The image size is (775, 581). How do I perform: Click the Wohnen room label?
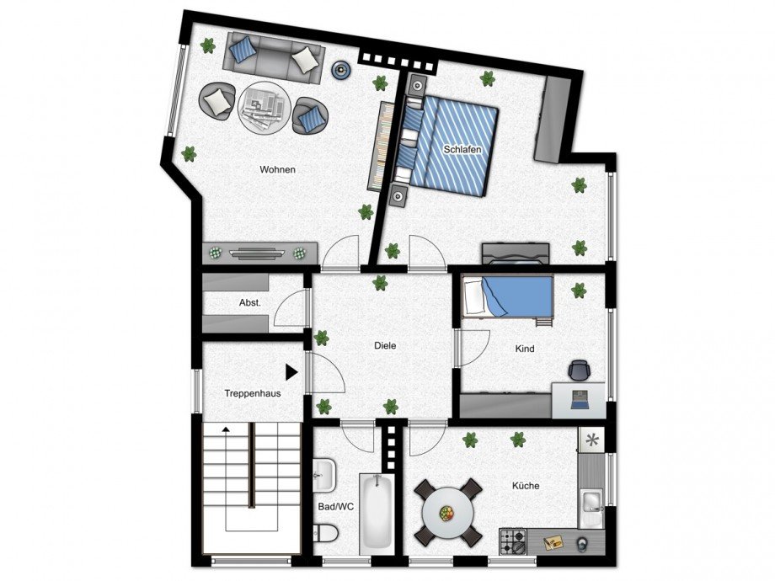[277, 169]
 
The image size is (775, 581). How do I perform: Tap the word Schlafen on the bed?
[462, 149]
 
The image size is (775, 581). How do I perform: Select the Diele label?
[385, 345]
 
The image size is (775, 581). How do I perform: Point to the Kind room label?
[524, 349]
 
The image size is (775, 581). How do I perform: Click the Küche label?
[525, 486]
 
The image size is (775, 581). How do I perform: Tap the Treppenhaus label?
[252, 393]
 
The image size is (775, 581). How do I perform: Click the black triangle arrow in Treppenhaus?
[291, 370]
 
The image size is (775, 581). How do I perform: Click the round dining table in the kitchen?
[447, 512]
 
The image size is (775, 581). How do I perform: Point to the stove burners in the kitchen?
[512, 540]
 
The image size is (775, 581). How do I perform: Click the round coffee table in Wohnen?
[265, 107]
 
